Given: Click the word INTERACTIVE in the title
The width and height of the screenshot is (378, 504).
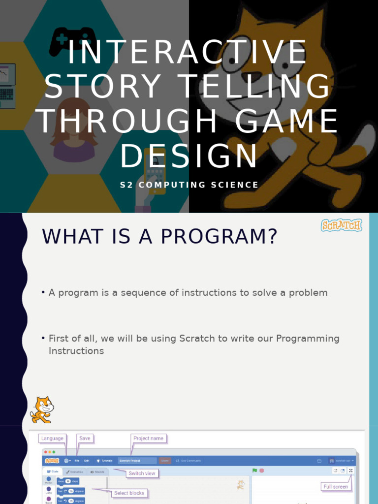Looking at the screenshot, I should (x=187, y=53).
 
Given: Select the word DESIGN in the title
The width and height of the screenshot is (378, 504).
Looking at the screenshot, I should (x=189, y=156).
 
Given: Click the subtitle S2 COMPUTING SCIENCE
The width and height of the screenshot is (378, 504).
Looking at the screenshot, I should (x=189, y=185).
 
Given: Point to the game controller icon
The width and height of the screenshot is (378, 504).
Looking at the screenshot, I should (x=72, y=39).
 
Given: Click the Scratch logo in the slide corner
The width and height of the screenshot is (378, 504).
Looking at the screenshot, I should (x=342, y=225).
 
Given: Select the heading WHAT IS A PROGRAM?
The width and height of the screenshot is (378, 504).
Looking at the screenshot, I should (x=160, y=237).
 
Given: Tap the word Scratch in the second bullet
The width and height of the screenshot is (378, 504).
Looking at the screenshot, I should (x=196, y=339).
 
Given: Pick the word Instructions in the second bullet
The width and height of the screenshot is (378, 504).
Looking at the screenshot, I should (x=76, y=351).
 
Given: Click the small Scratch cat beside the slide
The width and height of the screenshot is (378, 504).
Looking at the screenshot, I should (x=42, y=409).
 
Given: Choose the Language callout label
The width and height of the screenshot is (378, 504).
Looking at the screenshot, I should (x=52, y=439).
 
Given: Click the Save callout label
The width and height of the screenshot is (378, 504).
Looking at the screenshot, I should (x=85, y=439).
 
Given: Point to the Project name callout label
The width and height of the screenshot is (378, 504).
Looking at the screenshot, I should (x=148, y=439).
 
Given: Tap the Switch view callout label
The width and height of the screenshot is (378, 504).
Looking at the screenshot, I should (x=142, y=473).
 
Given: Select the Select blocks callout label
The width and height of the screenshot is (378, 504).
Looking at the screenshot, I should (x=129, y=493).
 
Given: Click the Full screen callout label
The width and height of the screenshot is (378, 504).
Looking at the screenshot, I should (x=336, y=487).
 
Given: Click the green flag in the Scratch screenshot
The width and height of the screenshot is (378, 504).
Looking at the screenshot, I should (x=254, y=471).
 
